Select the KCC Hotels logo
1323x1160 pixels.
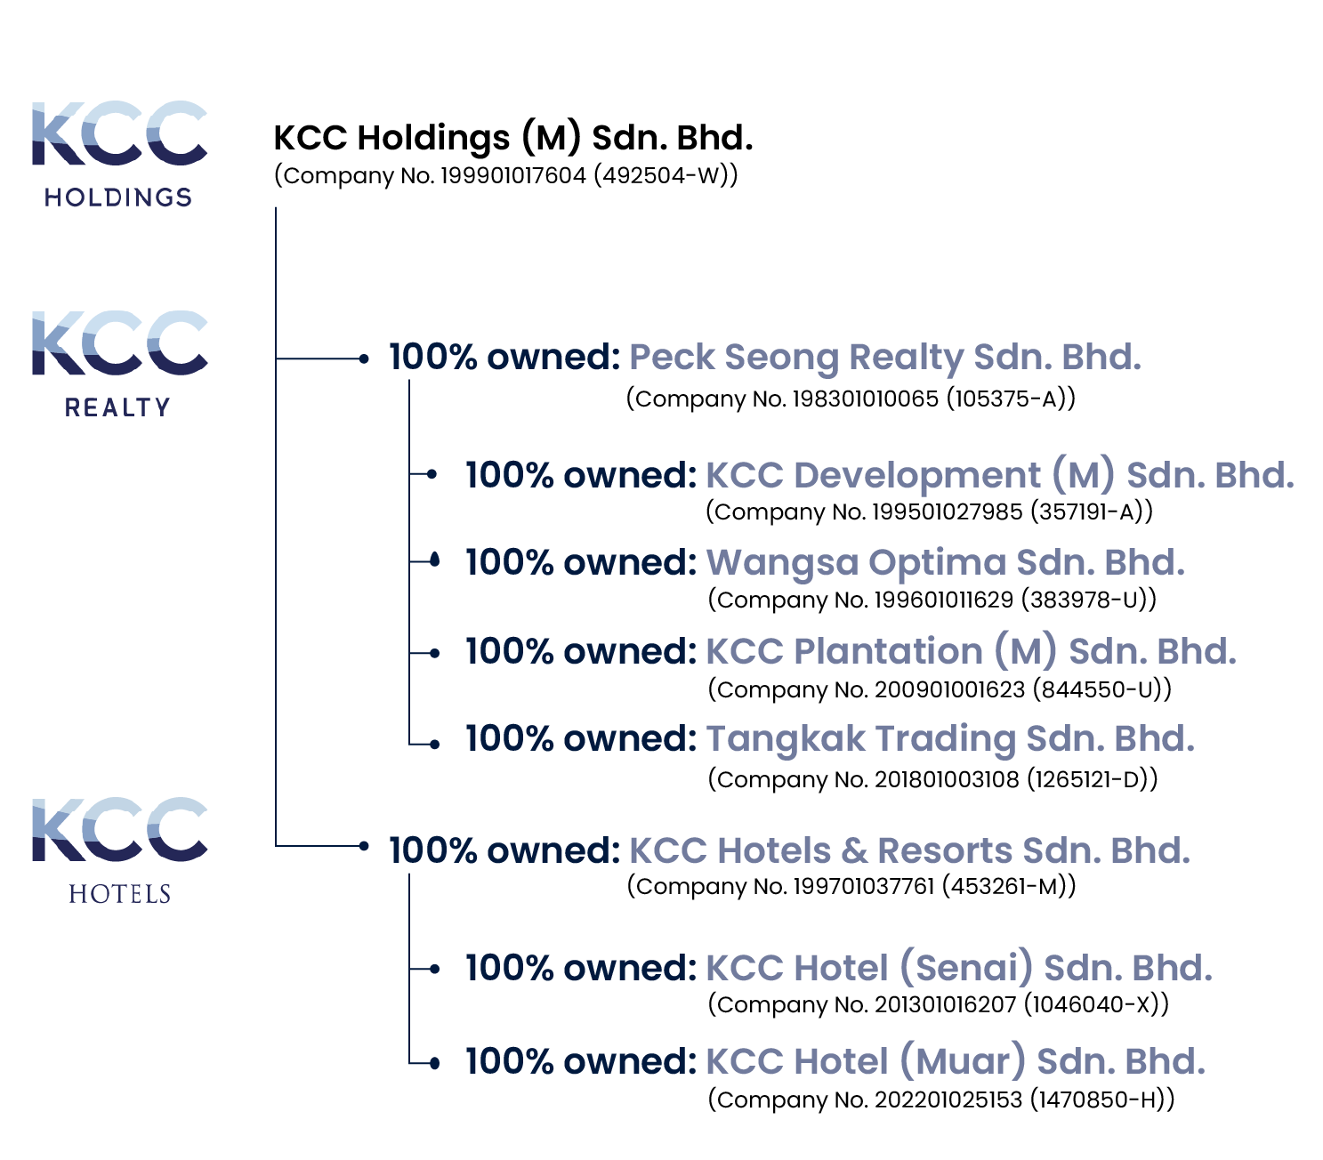pos(119,850)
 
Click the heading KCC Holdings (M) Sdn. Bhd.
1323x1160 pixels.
pos(512,138)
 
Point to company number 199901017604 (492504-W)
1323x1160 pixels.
pos(505,175)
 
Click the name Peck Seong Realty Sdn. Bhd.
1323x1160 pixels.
pos(884,358)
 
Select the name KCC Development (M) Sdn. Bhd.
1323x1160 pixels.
pos(999,475)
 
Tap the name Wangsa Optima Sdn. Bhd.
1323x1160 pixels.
pos(945,562)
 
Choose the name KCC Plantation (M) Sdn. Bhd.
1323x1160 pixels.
pos(971,651)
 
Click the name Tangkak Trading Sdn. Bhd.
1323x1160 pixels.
pos(949,738)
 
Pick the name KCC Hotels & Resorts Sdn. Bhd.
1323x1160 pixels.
pos(909,850)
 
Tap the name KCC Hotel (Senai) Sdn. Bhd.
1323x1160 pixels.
pos(958,968)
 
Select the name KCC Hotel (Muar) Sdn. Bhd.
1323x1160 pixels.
pos(955,1061)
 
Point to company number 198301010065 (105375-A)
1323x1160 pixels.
pos(851,399)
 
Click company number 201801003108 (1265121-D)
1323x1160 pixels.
pos(932,779)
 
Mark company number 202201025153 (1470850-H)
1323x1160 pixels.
pos(940,1100)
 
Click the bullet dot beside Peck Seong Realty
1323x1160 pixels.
pos(363,358)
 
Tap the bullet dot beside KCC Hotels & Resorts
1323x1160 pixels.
pos(363,845)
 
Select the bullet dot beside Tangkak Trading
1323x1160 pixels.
pos(434,744)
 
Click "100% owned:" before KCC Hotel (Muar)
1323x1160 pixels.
pos(580,1061)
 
